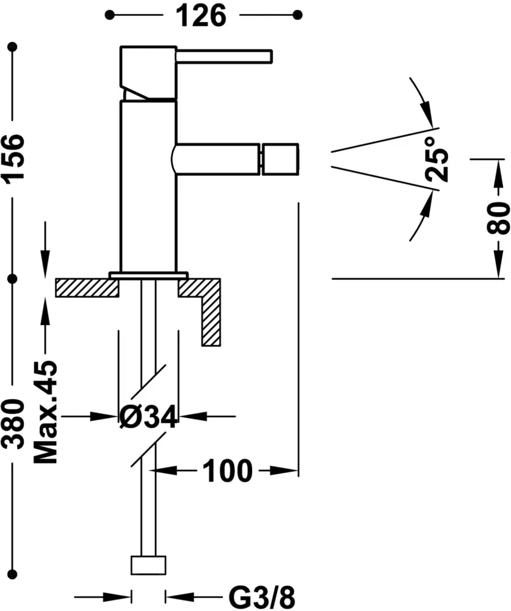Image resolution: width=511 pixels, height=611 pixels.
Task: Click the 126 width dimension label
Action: pyautogui.click(x=202, y=15)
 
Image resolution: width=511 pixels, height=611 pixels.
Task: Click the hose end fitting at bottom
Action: pyautogui.click(x=149, y=566)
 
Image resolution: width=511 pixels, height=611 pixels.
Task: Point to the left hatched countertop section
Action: pyautogui.click(x=86, y=287)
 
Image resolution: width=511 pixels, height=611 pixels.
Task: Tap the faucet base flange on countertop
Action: pyautogui.click(x=148, y=275)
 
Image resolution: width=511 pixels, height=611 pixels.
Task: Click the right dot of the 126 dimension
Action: pyautogui.click(x=298, y=14)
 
